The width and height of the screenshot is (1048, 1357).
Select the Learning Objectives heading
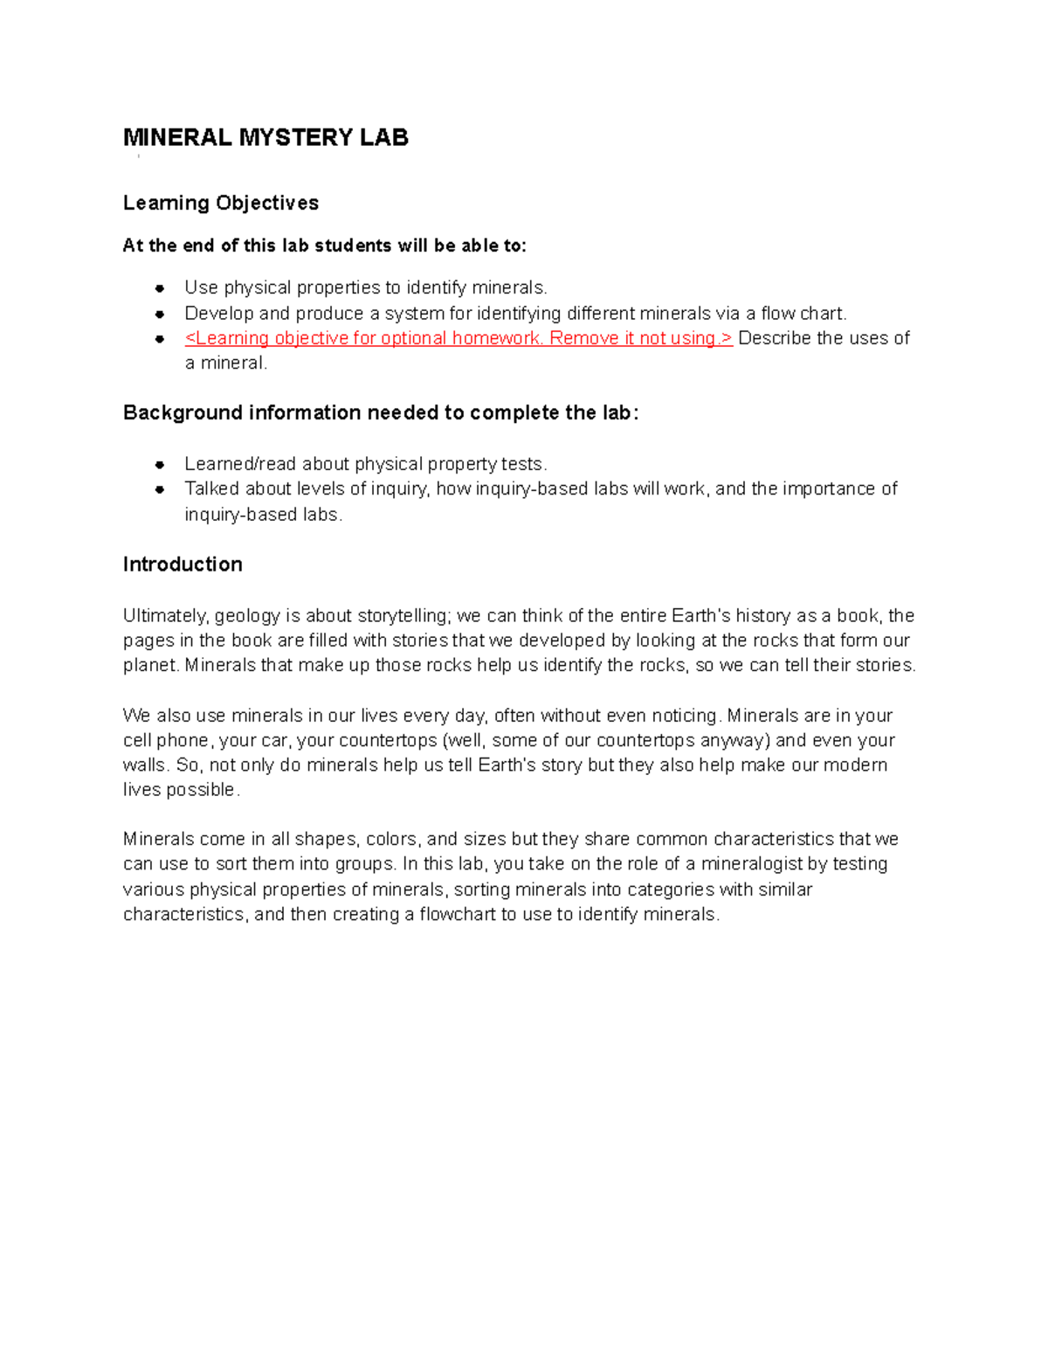[x=220, y=203]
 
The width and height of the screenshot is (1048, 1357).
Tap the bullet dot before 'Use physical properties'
[x=160, y=288]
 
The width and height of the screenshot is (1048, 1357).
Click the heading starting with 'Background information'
[x=381, y=412]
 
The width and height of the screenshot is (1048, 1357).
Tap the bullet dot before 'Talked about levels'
[x=160, y=489]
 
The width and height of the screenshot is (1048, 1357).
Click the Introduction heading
[x=183, y=564]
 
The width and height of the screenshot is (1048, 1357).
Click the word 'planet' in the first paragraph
[x=149, y=666]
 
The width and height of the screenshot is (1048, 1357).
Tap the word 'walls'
[x=144, y=765]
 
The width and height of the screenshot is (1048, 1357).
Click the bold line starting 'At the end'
[x=325, y=246]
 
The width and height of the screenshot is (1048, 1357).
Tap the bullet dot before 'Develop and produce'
[x=160, y=314]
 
